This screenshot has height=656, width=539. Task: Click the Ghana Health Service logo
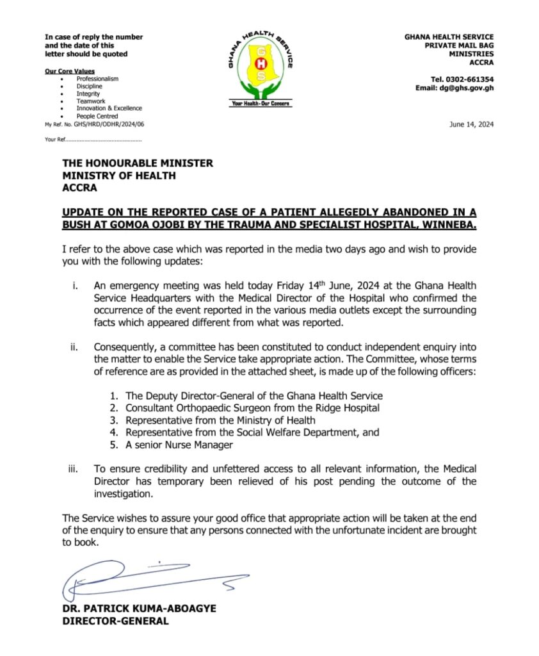[260, 67]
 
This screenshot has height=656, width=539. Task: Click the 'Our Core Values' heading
[70, 71]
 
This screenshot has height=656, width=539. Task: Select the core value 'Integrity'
[88, 94]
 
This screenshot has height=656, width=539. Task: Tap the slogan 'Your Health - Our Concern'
[261, 103]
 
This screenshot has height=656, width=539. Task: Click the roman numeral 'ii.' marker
[76, 348]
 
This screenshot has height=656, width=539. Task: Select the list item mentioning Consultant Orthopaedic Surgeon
[252, 407]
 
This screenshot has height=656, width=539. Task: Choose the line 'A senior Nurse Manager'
[179, 445]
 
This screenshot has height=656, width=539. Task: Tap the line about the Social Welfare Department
[252, 432]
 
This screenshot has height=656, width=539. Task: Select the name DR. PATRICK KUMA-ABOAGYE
[139, 609]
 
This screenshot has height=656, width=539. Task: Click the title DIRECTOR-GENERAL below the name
[115, 621]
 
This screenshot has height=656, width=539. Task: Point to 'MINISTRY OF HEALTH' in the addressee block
[119, 176]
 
